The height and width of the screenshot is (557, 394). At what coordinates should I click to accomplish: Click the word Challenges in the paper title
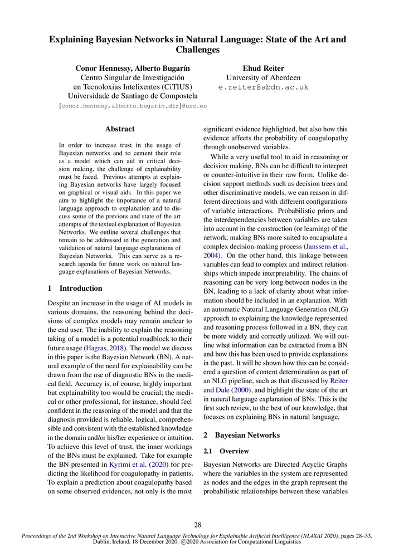197,50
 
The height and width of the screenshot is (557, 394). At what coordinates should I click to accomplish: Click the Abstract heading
120,129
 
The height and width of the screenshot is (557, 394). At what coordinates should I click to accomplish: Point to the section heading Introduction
81,289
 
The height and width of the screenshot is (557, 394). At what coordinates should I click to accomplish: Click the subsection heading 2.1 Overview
234,451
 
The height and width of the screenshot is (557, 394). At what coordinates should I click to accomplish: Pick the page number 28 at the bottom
197,524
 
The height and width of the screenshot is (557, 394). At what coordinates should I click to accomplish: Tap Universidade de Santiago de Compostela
133,96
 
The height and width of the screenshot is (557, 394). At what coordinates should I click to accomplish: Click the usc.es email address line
133,105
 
